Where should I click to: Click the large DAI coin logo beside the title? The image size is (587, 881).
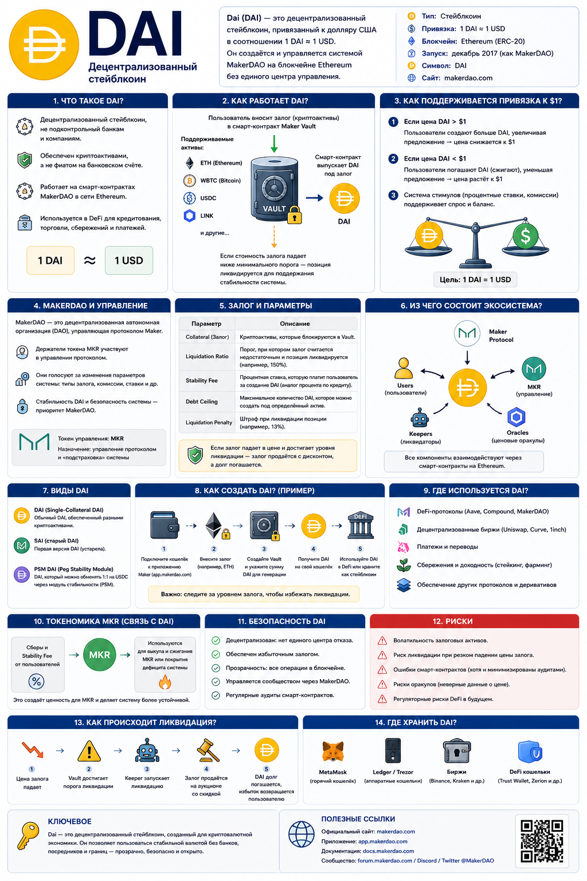coord(44,45)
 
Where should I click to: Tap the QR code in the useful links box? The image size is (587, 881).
coord(542,841)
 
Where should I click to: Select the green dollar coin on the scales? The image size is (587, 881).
coord(525,236)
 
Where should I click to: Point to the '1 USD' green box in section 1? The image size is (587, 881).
coord(128,260)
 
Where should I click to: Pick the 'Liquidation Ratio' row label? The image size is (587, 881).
coord(207,356)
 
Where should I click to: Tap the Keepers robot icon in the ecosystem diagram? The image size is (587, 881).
coord(420,418)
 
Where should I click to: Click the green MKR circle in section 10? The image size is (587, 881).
coord(100,655)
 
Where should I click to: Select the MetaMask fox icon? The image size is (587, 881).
coord(332,751)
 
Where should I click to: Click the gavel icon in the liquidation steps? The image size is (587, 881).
coord(207,750)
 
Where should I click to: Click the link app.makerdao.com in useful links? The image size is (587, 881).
coord(382,841)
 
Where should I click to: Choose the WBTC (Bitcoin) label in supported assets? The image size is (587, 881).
coord(220,181)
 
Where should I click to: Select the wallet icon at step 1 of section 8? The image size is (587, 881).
coord(165,525)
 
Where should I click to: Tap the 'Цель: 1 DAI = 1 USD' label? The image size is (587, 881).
coord(475,280)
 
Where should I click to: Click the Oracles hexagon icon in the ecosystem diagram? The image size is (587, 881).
coord(516,417)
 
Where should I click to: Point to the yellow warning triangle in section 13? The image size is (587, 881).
coord(89,751)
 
